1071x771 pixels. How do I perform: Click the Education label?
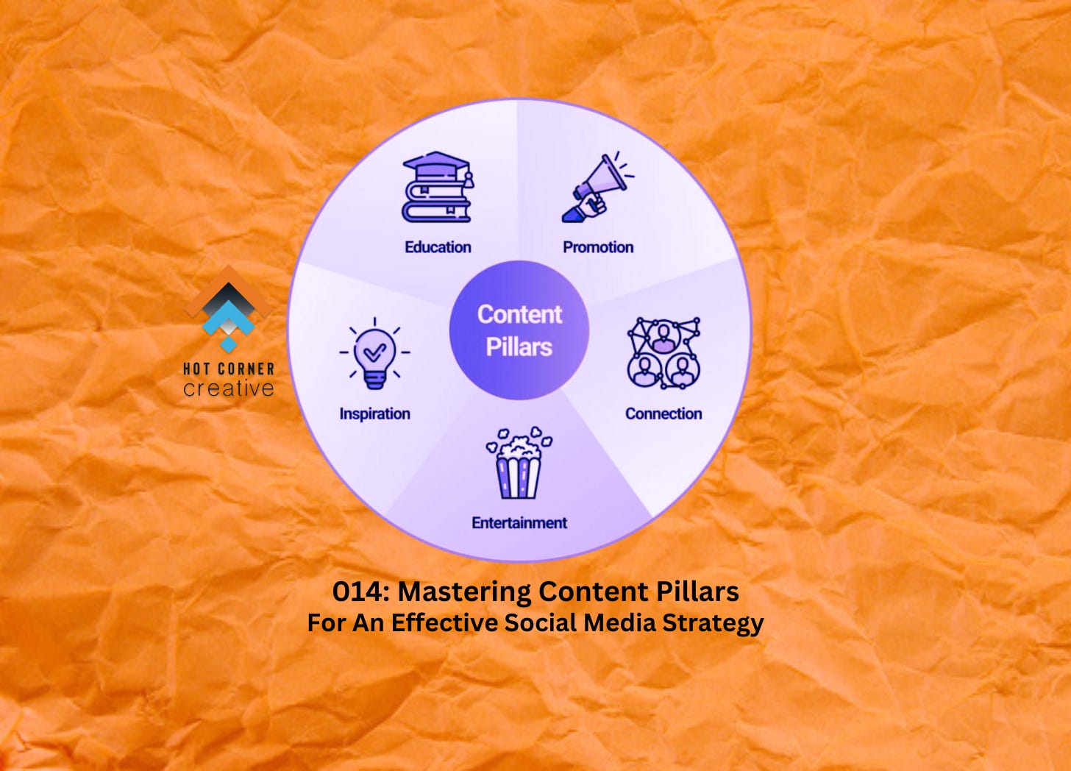pos(438,247)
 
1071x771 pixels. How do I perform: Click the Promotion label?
pos(598,247)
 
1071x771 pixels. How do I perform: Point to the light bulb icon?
pos(374,355)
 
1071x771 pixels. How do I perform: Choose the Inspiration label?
pos(374,414)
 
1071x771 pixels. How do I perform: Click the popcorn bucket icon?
pos(519,463)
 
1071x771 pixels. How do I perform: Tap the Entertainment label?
pos(519,523)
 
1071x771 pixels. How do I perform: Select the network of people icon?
pos(663,353)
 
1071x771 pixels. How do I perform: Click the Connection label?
pos(663,414)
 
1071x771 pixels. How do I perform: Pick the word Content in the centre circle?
pos(519,314)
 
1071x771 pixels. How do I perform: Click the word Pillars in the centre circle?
pos(519,347)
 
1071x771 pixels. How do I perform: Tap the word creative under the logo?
pos(229,388)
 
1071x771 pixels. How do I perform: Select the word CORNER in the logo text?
pos(246,369)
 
